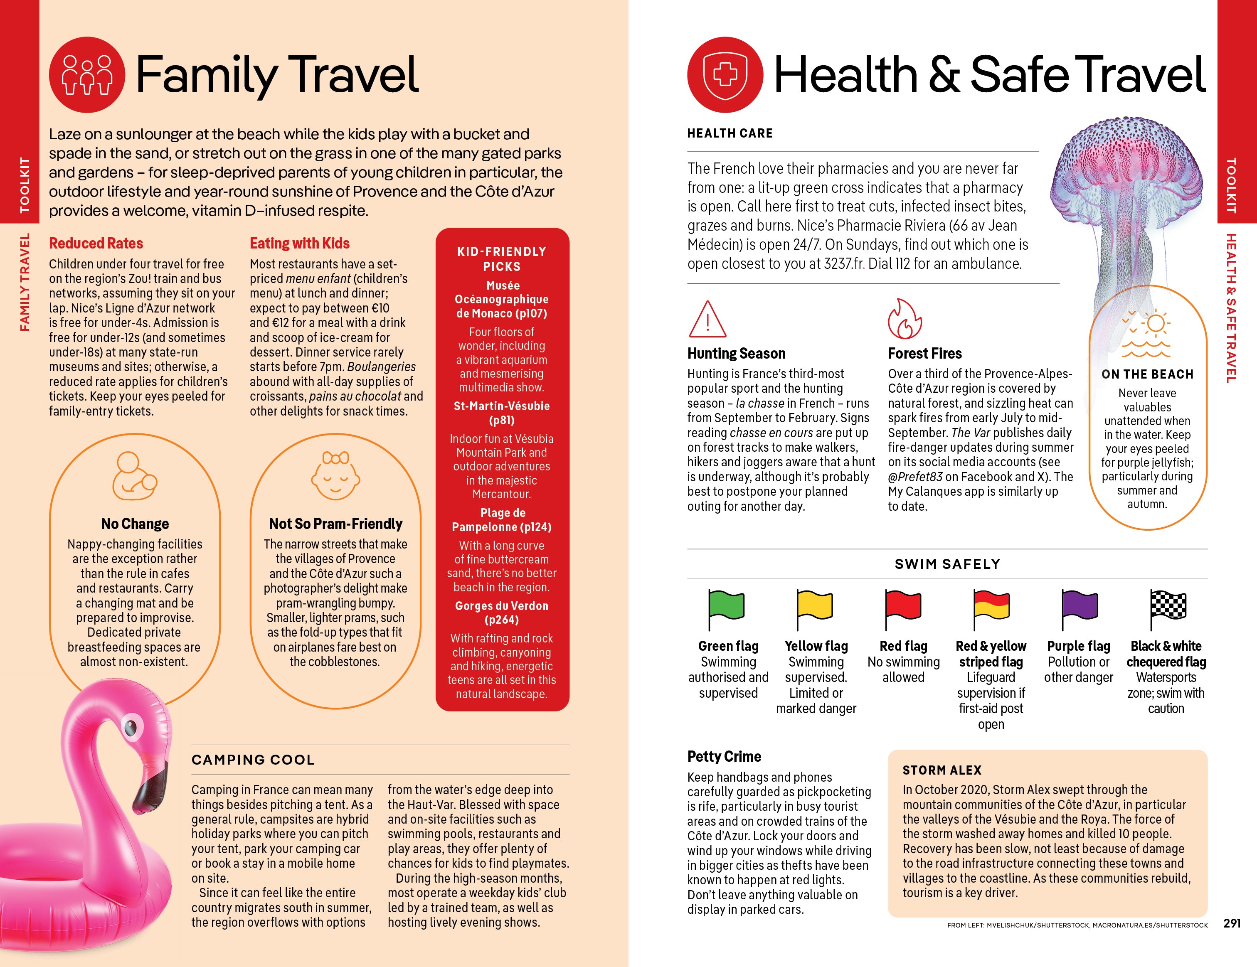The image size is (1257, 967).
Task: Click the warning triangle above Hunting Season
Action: point(707,320)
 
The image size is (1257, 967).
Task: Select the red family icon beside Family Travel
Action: point(87,75)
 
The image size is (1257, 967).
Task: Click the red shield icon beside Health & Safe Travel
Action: point(725,75)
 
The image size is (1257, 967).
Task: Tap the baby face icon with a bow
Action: point(335,475)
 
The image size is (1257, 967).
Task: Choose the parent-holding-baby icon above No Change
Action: point(135,476)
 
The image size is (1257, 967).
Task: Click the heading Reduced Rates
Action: point(96,244)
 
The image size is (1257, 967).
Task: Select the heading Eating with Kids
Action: point(299,244)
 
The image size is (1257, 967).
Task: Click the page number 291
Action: point(1232,923)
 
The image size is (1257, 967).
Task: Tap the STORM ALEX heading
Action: point(942,770)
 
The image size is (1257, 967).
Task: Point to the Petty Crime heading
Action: point(724,756)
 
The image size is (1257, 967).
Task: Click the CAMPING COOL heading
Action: point(253,760)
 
